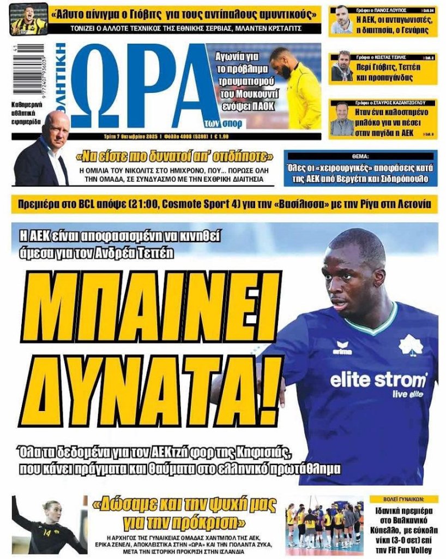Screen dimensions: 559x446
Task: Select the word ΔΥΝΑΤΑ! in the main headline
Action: [x=148, y=389]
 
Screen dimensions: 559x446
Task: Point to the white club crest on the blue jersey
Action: [x=411, y=344]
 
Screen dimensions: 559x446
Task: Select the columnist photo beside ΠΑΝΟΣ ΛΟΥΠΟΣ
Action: [x=342, y=20]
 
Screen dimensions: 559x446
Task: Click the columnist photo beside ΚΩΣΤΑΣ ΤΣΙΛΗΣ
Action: [x=342, y=67]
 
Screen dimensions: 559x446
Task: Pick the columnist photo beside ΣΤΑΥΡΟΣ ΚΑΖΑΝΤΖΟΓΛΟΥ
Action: [x=342, y=118]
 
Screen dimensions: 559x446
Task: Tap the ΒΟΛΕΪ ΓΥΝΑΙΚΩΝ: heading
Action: [x=403, y=499]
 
